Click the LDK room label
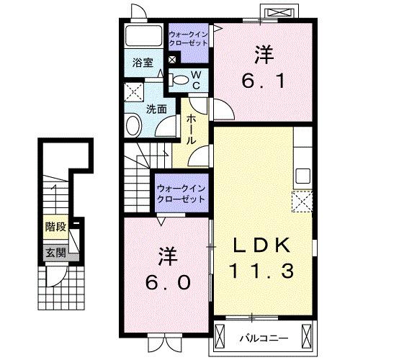[262, 246]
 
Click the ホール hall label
[192, 130]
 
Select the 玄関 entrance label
[55, 253]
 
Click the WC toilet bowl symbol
[180, 78]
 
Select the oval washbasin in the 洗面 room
[135, 127]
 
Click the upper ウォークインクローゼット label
[189, 38]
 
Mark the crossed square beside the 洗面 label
[133, 91]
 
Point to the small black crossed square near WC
[172, 60]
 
